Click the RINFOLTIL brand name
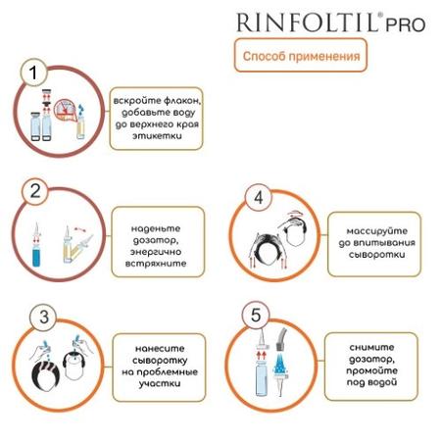(x=308, y=23)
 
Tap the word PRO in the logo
(x=406, y=24)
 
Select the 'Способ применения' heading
(x=301, y=56)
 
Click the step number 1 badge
(x=33, y=73)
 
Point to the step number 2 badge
(x=35, y=191)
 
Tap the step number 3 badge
(x=43, y=317)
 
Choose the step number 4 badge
(x=258, y=197)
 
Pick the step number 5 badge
(x=256, y=315)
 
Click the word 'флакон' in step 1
(x=182, y=101)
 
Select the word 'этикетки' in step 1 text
(x=157, y=136)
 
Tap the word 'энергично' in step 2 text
(x=156, y=252)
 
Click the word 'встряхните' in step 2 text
(x=156, y=264)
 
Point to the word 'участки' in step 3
(x=160, y=383)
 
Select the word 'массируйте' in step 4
(x=377, y=231)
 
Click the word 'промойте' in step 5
(x=371, y=370)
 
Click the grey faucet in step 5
(x=281, y=339)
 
